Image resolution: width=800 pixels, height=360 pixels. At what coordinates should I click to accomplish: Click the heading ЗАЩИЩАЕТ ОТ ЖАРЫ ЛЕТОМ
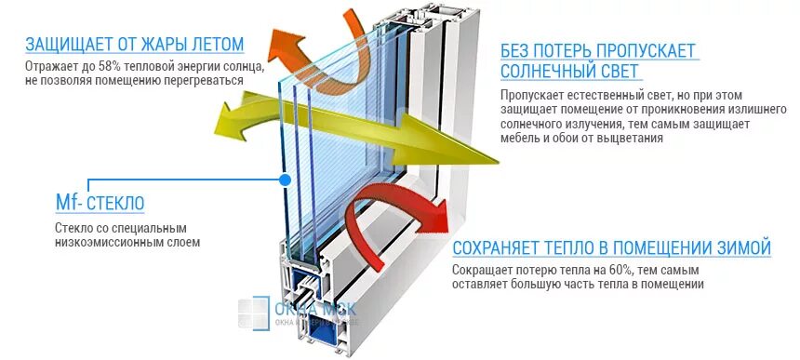[135, 44]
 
